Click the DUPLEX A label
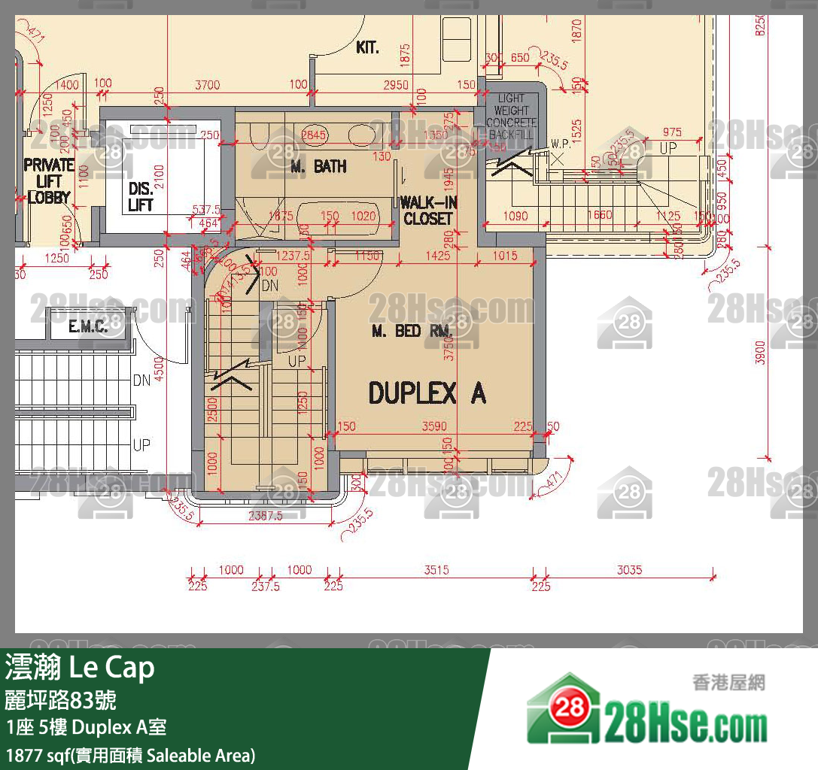426,393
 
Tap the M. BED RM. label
411,331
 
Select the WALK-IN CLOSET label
427,211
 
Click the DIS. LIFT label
141,197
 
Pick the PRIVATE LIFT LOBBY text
49,181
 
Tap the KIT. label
367,48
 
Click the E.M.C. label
88,326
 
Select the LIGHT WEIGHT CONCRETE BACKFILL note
511,116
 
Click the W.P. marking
559,143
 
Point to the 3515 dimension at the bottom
436,570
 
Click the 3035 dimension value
629,570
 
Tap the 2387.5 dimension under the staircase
265,516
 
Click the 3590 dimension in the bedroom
434,426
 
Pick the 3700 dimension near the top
207,85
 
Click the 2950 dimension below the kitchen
396,85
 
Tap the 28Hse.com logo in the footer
648,722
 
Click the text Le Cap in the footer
112,668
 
